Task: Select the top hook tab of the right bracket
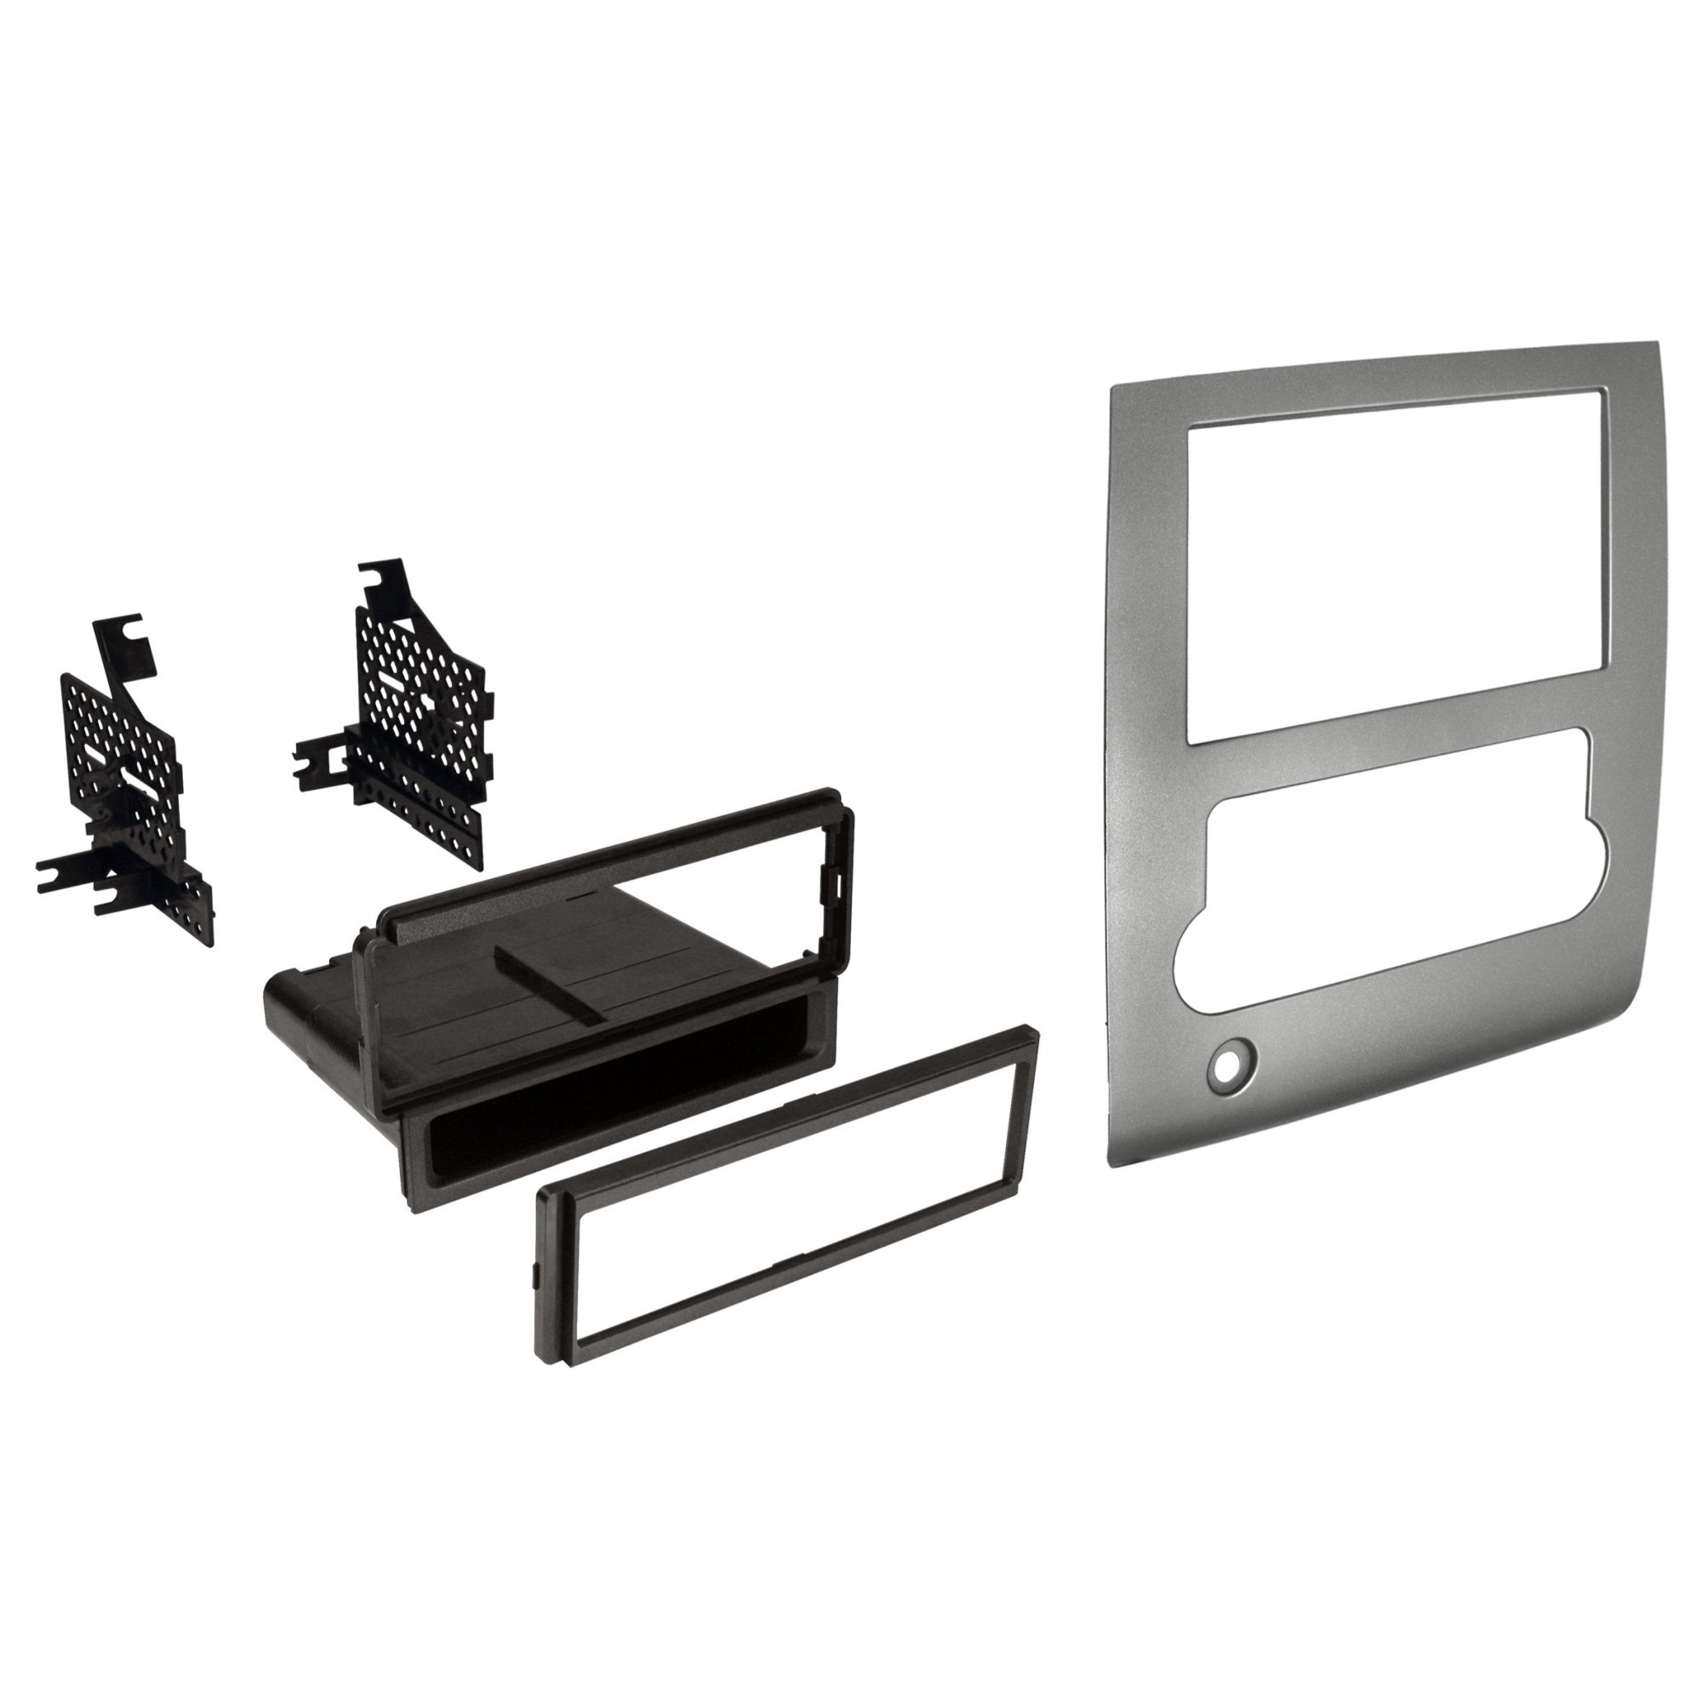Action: [386, 581]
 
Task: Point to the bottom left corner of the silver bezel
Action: [1111, 1162]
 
